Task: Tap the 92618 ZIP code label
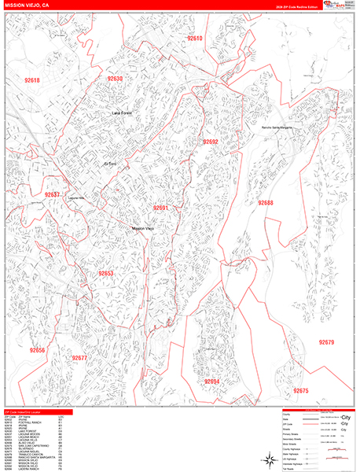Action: click(32, 80)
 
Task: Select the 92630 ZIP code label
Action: click(116, 79)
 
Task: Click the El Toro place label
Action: click(114, 164)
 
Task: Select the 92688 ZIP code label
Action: click(266, 203)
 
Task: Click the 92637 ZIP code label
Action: click(53, 194)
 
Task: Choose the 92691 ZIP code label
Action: click(161, 208)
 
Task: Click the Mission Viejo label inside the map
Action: click(142, 228)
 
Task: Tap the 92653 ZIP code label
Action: click(106, 273)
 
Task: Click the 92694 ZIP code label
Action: click(212, 381)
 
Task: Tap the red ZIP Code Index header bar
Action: click(36, 412)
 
